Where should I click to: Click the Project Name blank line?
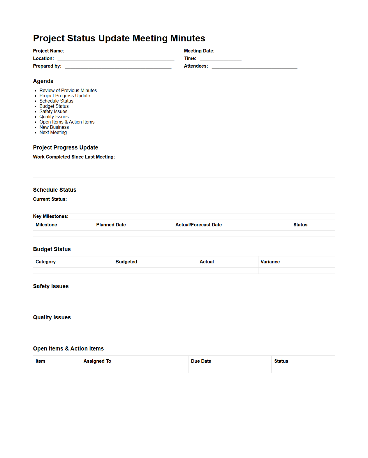(119, 51)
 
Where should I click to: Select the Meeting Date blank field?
(239, 51)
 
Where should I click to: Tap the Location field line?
(116, 59)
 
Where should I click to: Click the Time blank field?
(221, 59)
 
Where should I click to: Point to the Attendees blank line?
(254, 66)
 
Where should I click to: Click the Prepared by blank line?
(118, 66)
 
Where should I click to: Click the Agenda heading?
(43, 81)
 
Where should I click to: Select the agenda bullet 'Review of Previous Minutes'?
(68, 91)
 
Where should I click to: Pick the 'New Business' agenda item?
(54, 127)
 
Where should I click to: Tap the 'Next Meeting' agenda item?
(53, 133)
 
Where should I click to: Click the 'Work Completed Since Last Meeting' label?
(74, 157)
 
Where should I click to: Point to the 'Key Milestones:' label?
(51, 216)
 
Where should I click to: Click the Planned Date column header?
(111, 225)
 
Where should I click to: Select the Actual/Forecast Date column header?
(198, 225)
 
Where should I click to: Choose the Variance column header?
(270, 262)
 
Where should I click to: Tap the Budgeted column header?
(126, 262)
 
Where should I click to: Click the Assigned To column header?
(97, 361)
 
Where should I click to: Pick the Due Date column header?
(201, 361)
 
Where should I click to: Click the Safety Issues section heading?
(51, 286)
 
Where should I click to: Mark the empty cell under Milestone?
(63, 234)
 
